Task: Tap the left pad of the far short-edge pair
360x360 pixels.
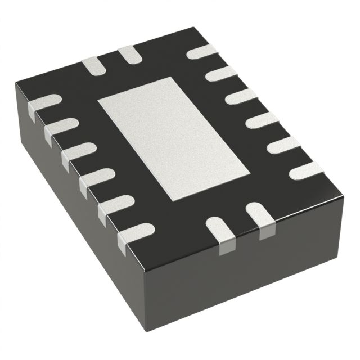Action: point(92,65)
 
